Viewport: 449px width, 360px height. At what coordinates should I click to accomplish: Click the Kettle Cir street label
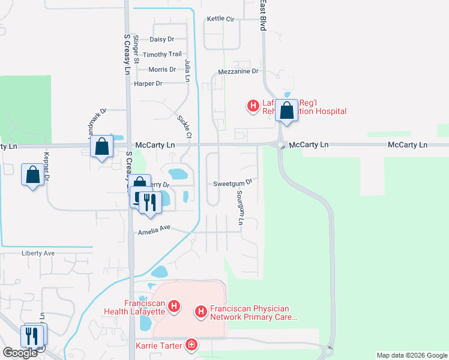tap(220, 19)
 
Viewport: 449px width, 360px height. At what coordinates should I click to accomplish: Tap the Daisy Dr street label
tap(161, 40)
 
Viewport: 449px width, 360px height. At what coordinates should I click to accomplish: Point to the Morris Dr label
tap(161, 70)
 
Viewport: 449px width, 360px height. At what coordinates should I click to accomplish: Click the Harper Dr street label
tap(148, 84)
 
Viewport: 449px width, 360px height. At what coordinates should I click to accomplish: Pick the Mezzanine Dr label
tap(238, 71)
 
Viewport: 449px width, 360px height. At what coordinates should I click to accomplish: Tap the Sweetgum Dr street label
tap(232, 183)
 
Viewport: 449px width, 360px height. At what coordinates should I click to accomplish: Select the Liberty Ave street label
tap(38, 253)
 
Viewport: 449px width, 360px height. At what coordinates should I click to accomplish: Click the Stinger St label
tap(136, 49)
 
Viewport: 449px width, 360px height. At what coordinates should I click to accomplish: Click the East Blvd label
tap(263, 16)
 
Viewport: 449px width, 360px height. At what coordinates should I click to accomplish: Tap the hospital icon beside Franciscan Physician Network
tap(200, 311)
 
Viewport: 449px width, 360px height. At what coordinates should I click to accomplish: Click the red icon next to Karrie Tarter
tap(191, 344)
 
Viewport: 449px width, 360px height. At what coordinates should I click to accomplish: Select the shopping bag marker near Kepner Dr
tap(32, 175)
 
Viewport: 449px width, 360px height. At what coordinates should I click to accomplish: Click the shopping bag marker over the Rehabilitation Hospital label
tap(287, 110)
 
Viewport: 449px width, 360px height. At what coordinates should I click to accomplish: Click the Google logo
tap(20, 353)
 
